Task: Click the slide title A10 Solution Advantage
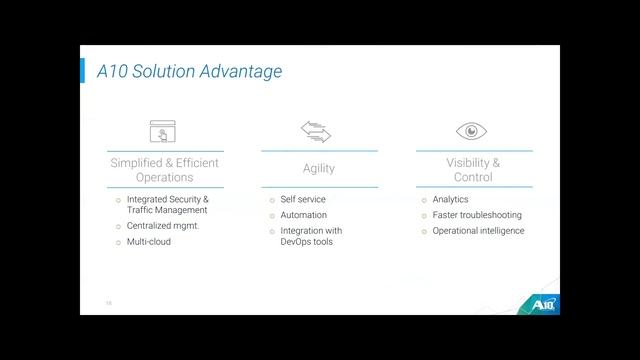189,71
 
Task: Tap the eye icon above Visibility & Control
472,131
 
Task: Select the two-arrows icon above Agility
316,131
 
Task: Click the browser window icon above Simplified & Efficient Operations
163,131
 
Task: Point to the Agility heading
319,169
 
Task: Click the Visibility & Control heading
473,170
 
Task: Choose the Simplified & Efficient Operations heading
164,170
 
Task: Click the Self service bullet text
303,199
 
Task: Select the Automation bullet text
304,215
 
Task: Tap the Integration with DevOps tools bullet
311,236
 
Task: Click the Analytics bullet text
450,199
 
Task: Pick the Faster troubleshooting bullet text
477,215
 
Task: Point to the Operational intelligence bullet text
478,231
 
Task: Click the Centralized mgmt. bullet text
163,226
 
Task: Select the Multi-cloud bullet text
149,242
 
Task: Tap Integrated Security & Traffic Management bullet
167,205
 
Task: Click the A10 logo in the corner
540,303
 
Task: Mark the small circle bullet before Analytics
424,200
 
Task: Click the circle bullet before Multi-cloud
118,242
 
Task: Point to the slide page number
109,303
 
